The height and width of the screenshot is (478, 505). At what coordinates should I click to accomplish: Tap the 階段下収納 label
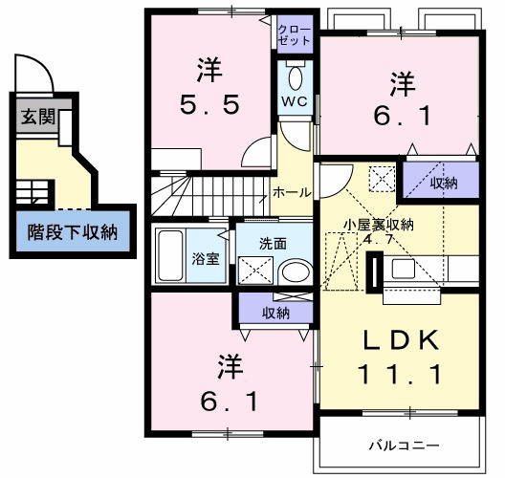(72, 230)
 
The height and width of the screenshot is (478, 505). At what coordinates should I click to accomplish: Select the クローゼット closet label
(294, 36)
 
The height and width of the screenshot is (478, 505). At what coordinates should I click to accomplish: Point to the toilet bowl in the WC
(294, 78)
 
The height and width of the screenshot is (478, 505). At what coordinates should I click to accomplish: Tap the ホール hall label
(290, 192)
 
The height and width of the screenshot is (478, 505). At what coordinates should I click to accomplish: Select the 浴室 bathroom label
(205, 259)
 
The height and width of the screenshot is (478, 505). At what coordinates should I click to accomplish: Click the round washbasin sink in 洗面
(294, 271)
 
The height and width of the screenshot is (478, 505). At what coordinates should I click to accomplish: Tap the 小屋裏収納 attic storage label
(379, 225)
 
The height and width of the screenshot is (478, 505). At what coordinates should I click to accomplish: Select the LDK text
(400, 340)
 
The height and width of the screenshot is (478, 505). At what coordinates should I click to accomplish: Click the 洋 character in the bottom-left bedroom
(230, 365)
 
